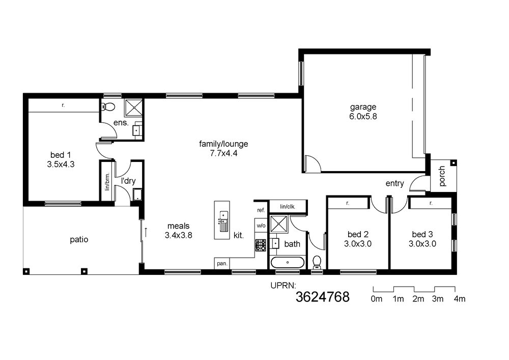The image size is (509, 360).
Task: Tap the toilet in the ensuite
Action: pyautogui.click(x=108, y=106)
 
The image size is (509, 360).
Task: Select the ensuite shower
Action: pyautogui.click(x=134, y=108)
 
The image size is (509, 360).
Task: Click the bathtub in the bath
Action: pyautogui.click(x=287, y=262)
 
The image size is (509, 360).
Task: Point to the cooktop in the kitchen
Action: pyautogui.click(x=260, y=245)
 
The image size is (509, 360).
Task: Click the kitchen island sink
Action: pyautogui.click(x=223, y=221)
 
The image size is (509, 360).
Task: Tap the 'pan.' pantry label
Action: pyautogui.click(x=222, y=264)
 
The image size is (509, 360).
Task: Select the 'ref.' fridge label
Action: pyautogui.click(x=261, y=210)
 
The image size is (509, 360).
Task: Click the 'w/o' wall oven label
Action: pyautogui.click(x=261, y=226)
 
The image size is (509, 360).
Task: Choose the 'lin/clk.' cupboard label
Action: pyautogui.click(x=288, y=206)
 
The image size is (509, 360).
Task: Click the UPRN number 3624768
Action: pyautogui.click(x=322, y=297)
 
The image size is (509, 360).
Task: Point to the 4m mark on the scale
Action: pyautogui.click(x=455, y=289)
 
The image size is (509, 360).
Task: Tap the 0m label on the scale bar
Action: pyautogui.click(x=377, y=299)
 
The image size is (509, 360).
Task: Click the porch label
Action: pyautogui.click(x=442, y=176)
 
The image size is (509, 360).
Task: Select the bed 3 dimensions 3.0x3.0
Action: pyautogui.click(x=422, y=244)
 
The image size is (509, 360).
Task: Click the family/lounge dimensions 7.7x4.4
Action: pyautogui.click(x=223, y=153)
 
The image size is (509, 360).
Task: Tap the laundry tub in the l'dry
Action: pyautogui.click(x=137, y=194)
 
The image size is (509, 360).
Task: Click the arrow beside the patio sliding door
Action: pyautogui.click(x=146, y=232)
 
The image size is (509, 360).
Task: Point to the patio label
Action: pyautogui.click(x=79, y=239)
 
